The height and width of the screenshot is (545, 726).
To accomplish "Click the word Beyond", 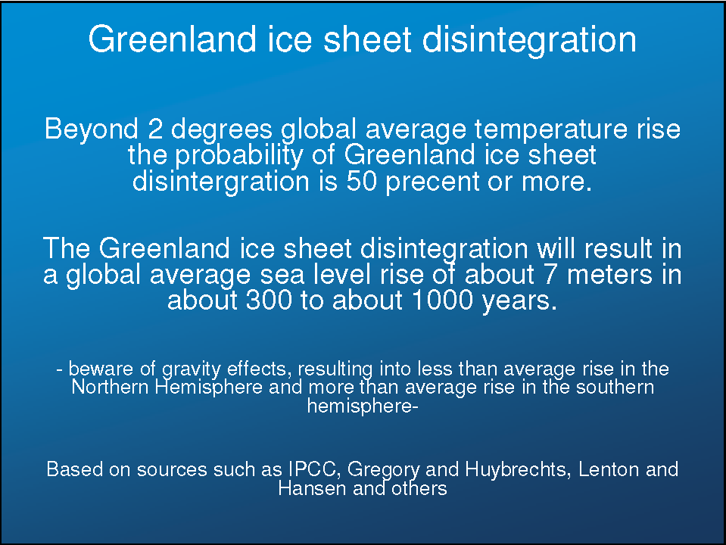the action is (x=92, y=129).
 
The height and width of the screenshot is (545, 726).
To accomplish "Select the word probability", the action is (x=238, y=156).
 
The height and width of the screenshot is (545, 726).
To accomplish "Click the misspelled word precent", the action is (x=432, y=182).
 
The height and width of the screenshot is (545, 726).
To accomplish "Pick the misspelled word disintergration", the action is (x=221, y=182).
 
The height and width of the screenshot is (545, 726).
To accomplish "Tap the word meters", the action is (x=609, y=275).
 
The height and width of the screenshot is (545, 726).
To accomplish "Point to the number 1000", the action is (x=442, y=300).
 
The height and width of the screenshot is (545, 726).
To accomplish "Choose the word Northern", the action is (x=111, y=387).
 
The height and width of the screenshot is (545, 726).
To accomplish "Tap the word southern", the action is (x=615, y=387).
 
